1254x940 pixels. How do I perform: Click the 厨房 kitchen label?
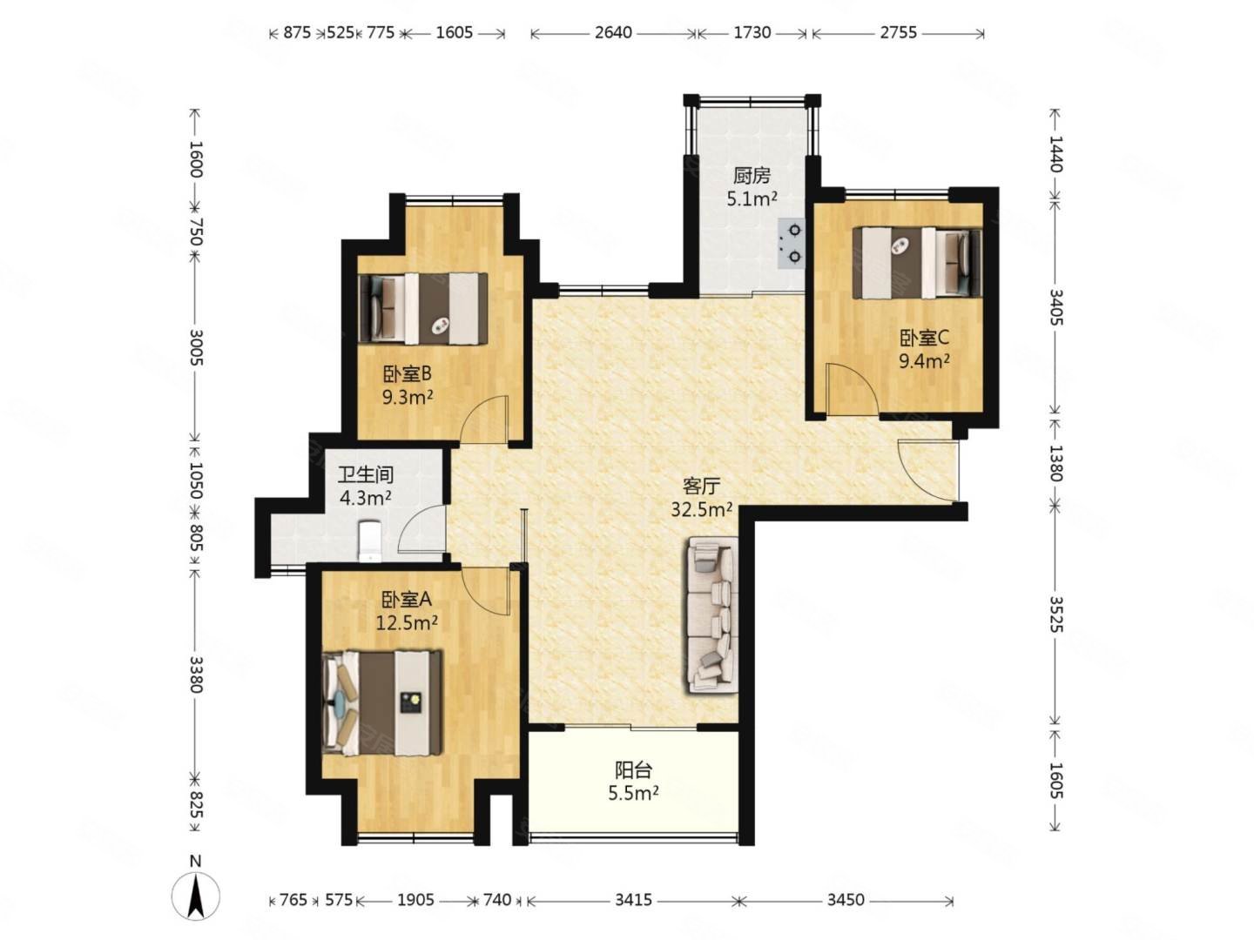tap(752, 176)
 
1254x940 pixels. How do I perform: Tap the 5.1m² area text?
tap(752, 199)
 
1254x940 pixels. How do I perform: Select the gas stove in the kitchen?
tap(791, 244)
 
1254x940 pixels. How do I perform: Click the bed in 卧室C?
tap(916, 263)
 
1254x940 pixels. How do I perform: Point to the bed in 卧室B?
tap(422, 309)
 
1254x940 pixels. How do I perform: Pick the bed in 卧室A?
tap(382, 702)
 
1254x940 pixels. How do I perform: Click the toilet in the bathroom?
tap(370, 540)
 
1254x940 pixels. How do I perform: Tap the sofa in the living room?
tap(712, 615)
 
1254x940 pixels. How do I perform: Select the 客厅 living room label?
tap(701, 487)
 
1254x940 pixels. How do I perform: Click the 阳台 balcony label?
tap(633, 770)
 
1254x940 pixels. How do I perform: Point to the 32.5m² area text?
tap(701, 509)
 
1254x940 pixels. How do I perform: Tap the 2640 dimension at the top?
tap(613, 32)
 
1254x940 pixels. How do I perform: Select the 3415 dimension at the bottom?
tap(633, 900)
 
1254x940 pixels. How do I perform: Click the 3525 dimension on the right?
tap(1055, 615)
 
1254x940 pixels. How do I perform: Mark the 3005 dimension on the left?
tap(195, 346)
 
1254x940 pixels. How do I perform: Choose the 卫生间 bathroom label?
tap(366, 475)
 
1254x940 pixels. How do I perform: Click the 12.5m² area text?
tap(406, 622)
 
